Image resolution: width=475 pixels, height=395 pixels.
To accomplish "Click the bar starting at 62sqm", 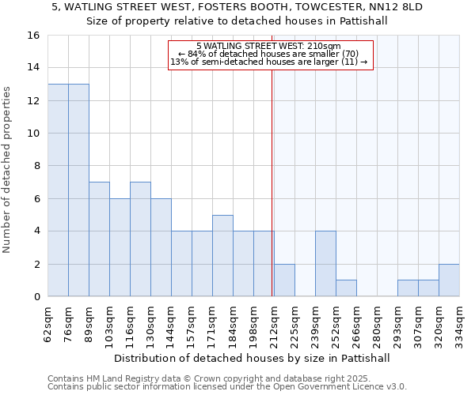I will pyautogui.click(x=58, y=190).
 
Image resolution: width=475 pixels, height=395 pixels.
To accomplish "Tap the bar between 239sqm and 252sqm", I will pyautogui.click(x=325, y=264).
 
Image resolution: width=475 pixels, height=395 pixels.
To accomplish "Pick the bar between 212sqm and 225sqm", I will pyautogui.click(x=284, y=280).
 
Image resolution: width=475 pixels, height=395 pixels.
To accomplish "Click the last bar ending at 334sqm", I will pyautogui.click(x=449, y=280).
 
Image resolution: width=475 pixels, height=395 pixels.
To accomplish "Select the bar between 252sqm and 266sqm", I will pyautogui.click(x=346, y=288).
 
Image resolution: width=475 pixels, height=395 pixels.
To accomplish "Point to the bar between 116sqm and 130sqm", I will pyautogui.click(x=140, y=239).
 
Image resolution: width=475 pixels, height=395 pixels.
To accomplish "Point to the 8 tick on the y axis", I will pyautogui.click(x=36, y=166).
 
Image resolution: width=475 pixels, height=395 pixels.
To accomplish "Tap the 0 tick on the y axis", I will pyautogui.click(x=36, y=297).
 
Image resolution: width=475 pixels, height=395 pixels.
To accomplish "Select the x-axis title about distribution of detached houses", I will pyautogui.click(x=253, y=358).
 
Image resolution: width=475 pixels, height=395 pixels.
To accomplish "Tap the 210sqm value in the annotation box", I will pyautogui.click(x=325, y=46).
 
